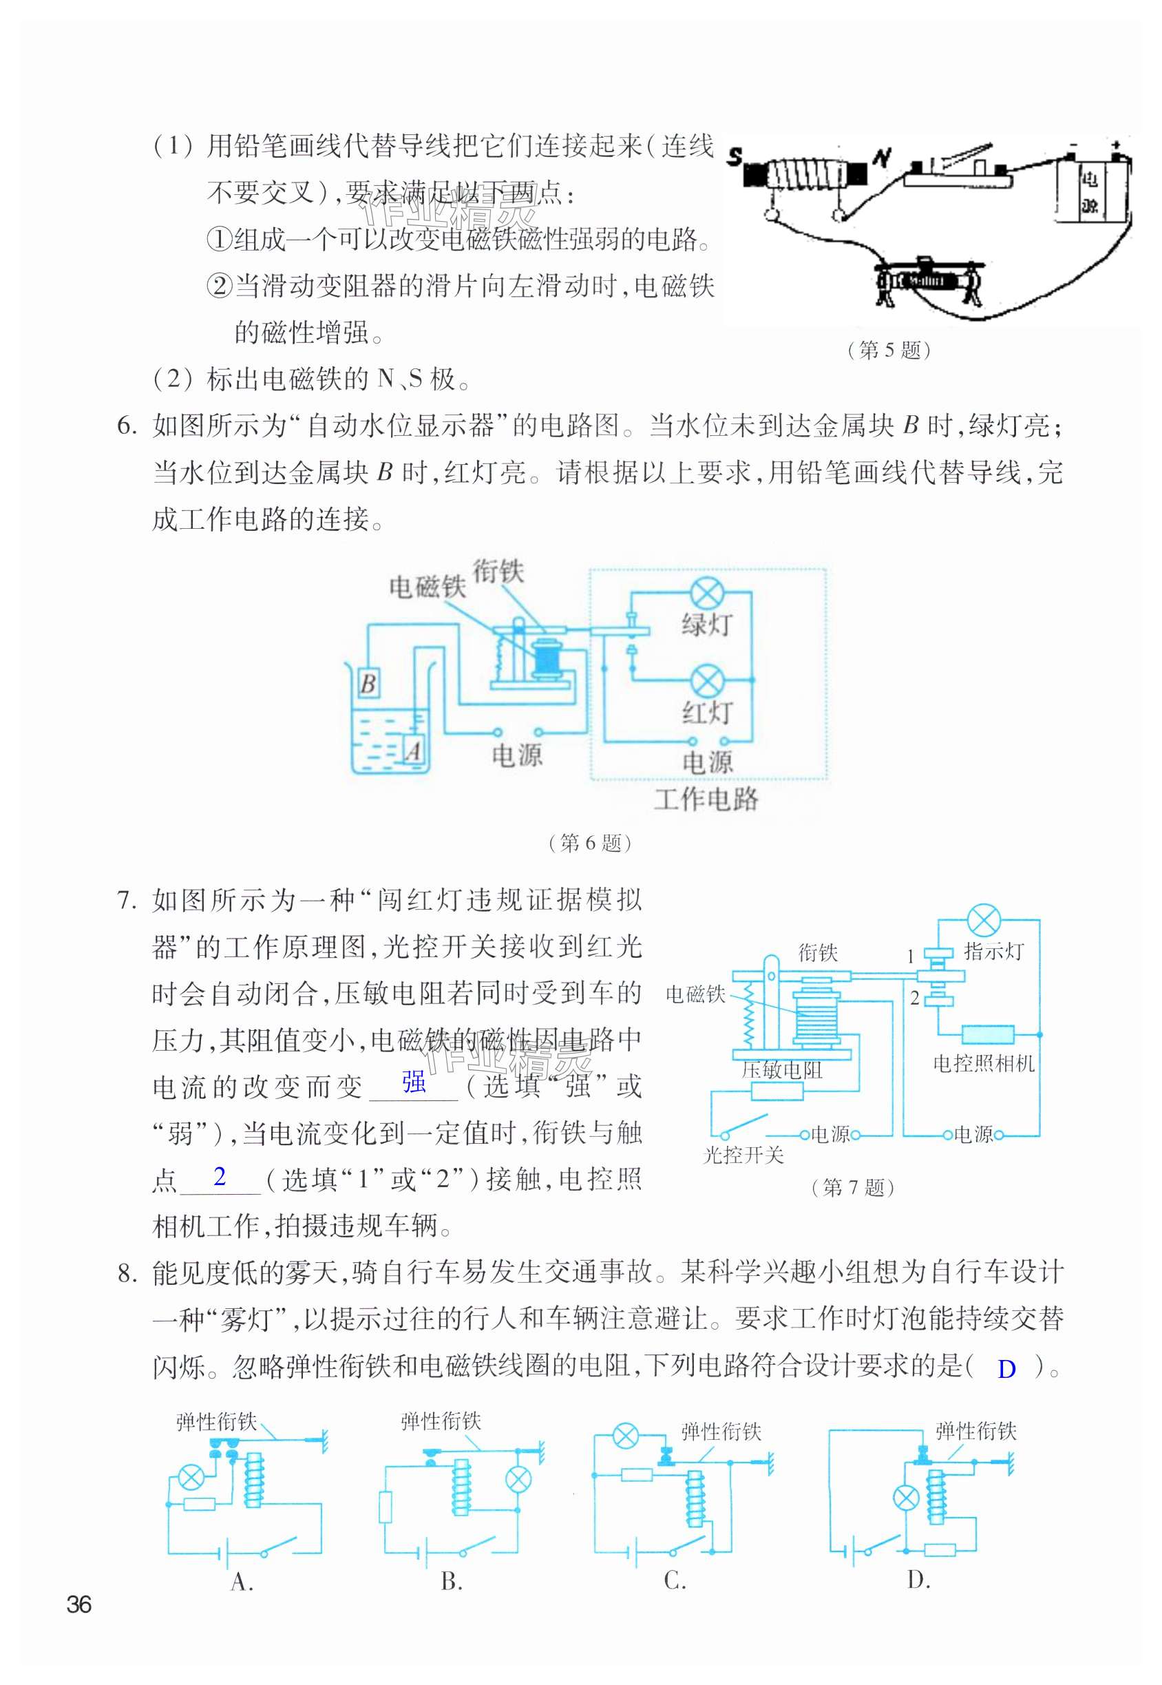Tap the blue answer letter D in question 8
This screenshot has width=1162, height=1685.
click(1006, 1369)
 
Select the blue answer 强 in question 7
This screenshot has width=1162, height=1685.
click(414, 1082)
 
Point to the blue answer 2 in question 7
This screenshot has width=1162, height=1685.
click(220, 1176)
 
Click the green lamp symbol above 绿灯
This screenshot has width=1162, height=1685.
click(706, 594)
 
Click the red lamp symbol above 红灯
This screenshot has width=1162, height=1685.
click(706, 680)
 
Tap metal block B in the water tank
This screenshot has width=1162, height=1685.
click(368, 683)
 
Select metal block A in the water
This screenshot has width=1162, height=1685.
click(414, 750)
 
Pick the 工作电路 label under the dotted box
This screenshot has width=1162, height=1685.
click(706, 799)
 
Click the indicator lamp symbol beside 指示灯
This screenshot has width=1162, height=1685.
click(984, 921)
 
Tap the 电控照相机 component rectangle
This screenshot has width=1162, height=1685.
click(987, 1034)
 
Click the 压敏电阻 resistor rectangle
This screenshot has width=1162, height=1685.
click(777, 1091)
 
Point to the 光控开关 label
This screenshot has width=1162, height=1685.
click(743, 1155)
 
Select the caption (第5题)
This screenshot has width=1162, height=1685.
click(889, 350)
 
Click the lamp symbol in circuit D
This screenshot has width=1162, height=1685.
click(906, 1498)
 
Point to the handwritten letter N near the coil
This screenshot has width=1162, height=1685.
click(883, 157)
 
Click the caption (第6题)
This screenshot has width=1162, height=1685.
click(589, 844)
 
